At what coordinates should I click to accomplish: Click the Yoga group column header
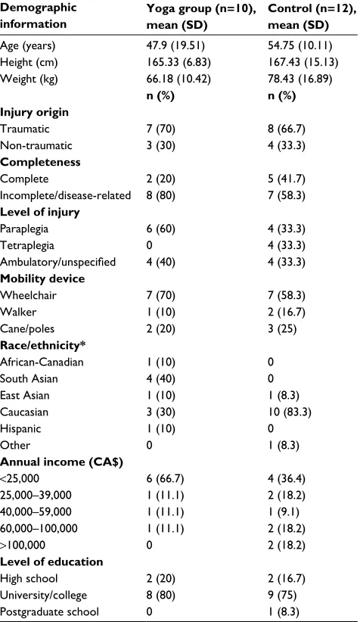(202, 16)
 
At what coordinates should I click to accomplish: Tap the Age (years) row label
(28, 46)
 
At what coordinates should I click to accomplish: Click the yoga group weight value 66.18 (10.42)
(178, 79)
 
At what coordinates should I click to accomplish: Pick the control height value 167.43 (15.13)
(303, 62)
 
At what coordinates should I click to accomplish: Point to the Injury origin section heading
(35, 112)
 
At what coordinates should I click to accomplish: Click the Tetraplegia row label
(27, 246)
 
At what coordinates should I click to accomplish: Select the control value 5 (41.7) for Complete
(286, 179)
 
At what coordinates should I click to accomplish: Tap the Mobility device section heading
(42, 278)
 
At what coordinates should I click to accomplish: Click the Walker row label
(18, 312)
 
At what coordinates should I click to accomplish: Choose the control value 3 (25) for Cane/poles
(282, 329)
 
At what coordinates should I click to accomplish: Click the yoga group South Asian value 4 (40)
(160, 379)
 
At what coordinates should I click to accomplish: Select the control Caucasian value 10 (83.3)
(290, 412)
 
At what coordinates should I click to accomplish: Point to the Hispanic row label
(20, 429)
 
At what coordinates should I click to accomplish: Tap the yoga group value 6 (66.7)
(165, 479)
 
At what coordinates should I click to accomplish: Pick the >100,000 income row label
(23, 546)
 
